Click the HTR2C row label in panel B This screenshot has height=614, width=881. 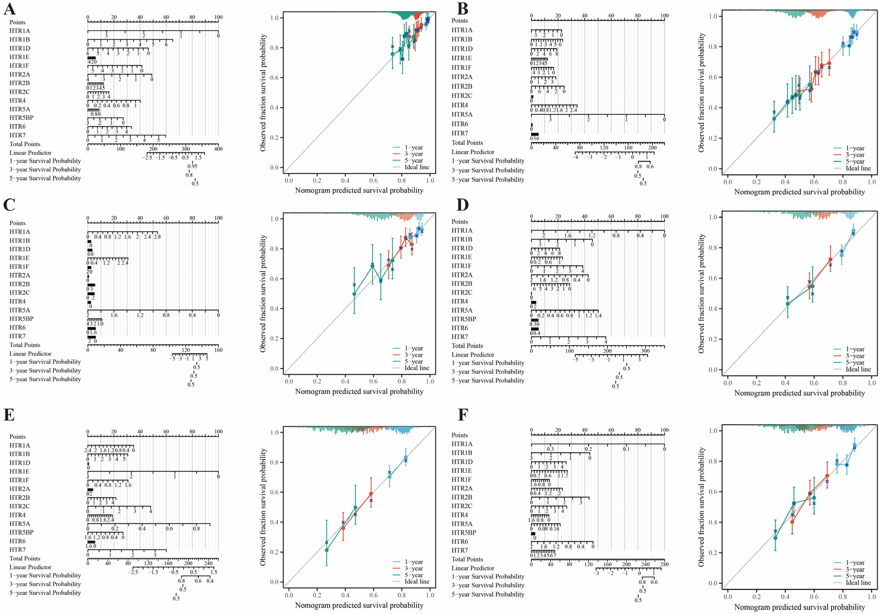tap(462, 96)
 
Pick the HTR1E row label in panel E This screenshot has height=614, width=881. tap(20, 471)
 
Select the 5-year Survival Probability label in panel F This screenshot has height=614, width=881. tap(488, 594)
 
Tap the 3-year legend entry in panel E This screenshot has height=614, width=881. tap(414, 568)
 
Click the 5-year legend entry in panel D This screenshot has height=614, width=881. tap(855, 362)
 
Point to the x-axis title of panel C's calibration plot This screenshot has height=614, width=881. tap(359, 391)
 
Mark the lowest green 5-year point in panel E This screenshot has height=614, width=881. tap(327, 550)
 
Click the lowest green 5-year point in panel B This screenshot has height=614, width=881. tap(774, 119)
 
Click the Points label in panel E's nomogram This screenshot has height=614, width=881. tap(18, 437)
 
